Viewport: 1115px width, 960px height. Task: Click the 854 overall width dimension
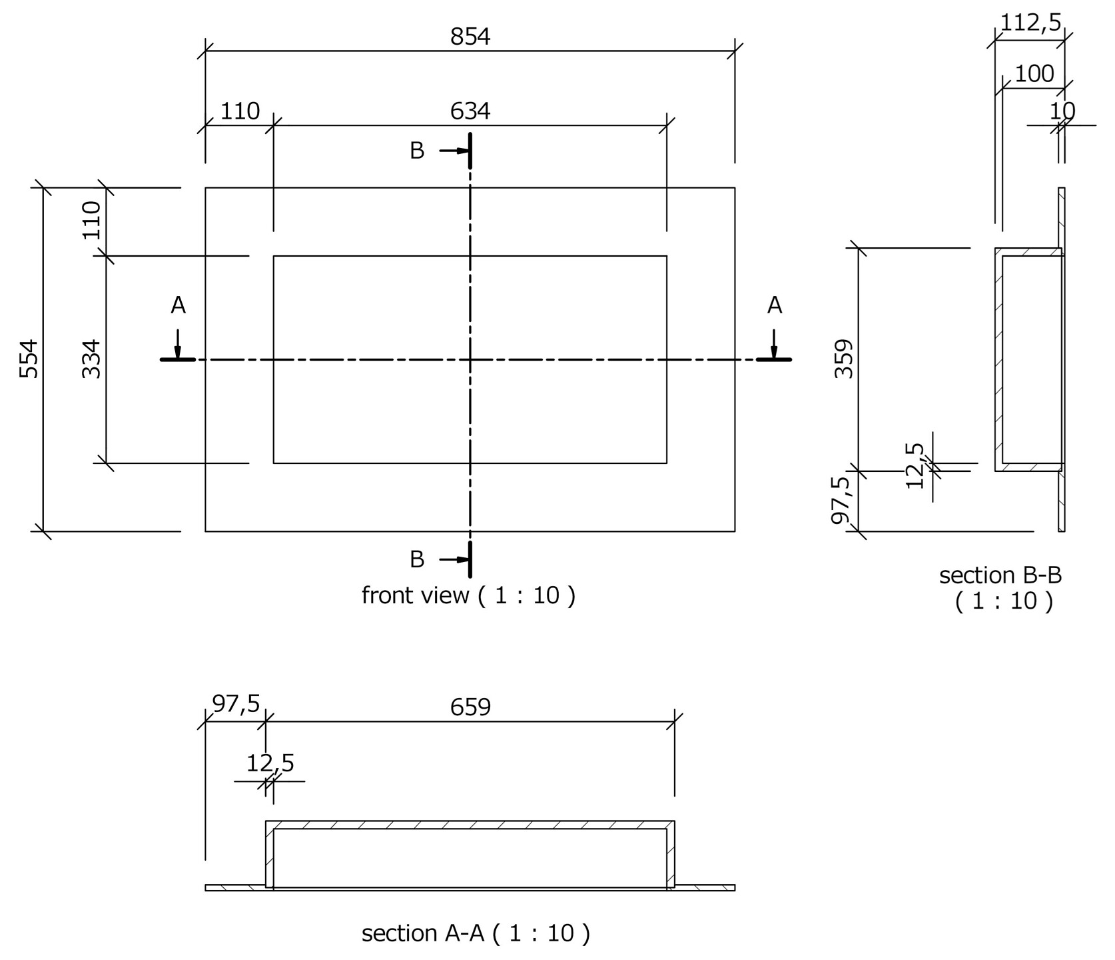[470, 37]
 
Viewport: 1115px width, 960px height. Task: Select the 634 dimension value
[470, 111]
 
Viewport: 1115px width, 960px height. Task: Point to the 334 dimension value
[92, 359]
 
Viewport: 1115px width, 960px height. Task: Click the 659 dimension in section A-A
[470, 707]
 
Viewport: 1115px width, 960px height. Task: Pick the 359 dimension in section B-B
[844, 359]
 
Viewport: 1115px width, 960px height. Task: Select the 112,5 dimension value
[1030, 23]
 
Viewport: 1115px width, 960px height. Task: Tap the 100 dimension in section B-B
[1034, 74]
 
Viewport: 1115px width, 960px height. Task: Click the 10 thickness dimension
[1062, 111]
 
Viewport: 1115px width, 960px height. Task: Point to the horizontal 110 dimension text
[240, 111]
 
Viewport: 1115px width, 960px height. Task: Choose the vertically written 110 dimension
[92, 221]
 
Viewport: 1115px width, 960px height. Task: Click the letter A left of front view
[178, 306]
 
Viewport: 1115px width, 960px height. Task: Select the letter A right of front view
[774, 306]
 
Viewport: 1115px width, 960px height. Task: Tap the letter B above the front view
[417, 151]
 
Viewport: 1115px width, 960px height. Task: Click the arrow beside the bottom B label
[455, 559]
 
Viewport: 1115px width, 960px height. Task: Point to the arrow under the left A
[178, 344]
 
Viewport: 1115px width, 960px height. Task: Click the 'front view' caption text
[468, 595]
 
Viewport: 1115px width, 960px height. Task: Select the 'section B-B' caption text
[1000, 575]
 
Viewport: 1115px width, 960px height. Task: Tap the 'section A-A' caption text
[476, 933]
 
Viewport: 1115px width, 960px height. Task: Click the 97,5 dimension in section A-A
[236, 704]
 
